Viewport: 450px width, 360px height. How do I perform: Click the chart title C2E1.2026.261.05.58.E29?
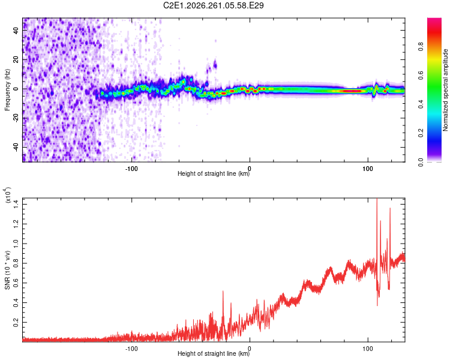click(213, 5)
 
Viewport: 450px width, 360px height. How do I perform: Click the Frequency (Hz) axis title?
click(7, 90)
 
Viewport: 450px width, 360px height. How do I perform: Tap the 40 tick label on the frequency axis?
click(16, 30)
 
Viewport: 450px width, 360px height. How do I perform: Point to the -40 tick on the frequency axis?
click(16, 147)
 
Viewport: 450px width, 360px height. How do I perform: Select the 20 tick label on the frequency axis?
click(16, 59)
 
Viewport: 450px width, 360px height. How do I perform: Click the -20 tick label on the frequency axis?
click(16, 118)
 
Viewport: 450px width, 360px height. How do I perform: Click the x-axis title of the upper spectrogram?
click(214, 173)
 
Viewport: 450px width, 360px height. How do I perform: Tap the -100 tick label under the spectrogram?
click(131, 169)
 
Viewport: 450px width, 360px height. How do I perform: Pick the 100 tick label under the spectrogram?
click(368, 169)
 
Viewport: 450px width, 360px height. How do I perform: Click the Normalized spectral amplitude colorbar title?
click(445, 90)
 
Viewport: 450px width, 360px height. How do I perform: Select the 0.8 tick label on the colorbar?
click(421, 46)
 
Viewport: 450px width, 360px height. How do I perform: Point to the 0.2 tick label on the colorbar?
click(421, 133)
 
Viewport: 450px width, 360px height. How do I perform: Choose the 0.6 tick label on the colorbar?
click(421, 75)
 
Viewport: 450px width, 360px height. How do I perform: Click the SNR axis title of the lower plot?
click(7, 270)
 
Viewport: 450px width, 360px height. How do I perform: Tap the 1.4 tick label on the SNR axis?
click(16, 205)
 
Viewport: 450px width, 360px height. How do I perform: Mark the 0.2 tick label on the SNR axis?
click(16, 322)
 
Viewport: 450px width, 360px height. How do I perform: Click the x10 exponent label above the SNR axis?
click(8, 195)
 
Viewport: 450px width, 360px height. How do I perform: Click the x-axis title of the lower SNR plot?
click(214, 353)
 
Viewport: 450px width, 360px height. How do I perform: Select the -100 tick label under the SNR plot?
click(131, 349)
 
